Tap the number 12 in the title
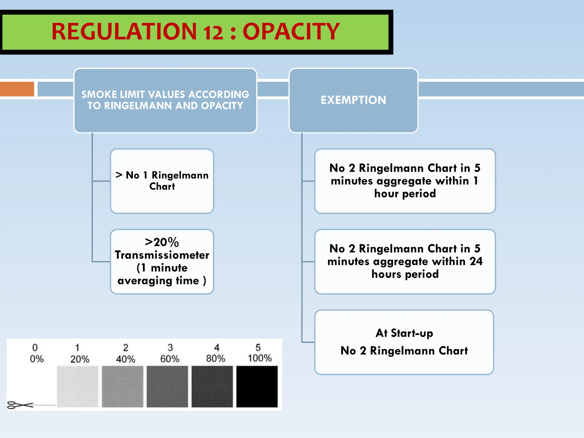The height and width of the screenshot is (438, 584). (213, 32)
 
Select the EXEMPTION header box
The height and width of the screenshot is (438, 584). (353, 100)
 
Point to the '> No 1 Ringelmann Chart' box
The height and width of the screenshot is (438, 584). (162, 181)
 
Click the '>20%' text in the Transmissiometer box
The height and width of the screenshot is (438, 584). (162, 242)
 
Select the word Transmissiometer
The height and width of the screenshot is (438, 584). (162, 255)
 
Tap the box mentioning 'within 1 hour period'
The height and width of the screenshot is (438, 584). (405, 181)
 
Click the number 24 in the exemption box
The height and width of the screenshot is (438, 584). (476, 261)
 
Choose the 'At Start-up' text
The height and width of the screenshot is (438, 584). (404, 333)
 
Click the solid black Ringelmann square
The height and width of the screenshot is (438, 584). (257, 386)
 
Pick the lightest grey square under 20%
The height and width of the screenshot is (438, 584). (78, 386)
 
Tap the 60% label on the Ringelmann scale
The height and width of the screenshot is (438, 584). (170, 359)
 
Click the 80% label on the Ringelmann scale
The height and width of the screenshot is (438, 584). (216, 358)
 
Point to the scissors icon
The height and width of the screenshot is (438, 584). (19, 405)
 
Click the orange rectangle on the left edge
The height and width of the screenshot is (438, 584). (17, 89)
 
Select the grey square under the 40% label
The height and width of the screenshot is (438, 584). (123, 386)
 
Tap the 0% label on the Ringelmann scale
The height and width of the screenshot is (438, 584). (36, 359)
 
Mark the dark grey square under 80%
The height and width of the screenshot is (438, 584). (212, 386)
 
